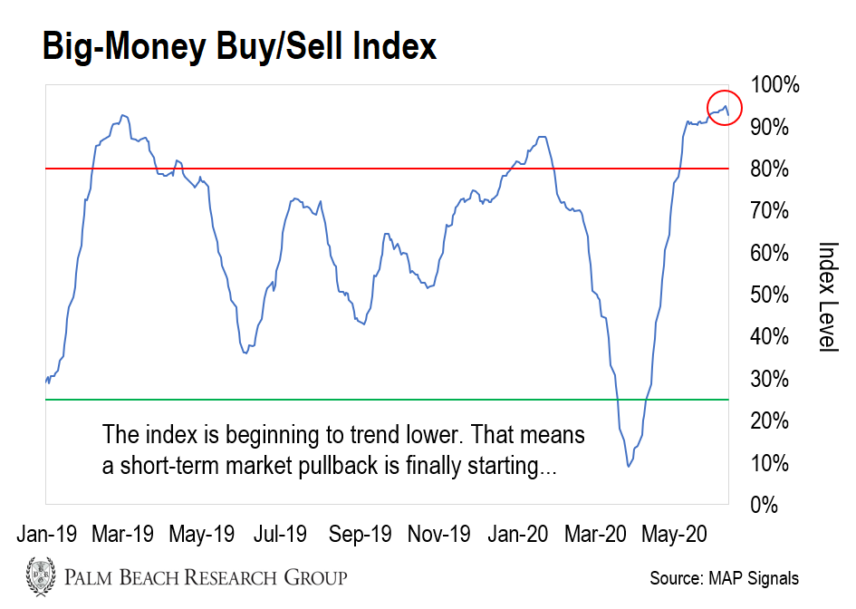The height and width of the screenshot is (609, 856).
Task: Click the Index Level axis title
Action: (827, 296)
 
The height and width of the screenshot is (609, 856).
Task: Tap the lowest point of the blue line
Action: (629, 466)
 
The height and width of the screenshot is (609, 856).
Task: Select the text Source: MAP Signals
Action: (725, 578)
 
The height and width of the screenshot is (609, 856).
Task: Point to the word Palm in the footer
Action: (88, 576)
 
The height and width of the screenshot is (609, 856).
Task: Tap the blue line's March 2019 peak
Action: (122, 115)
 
